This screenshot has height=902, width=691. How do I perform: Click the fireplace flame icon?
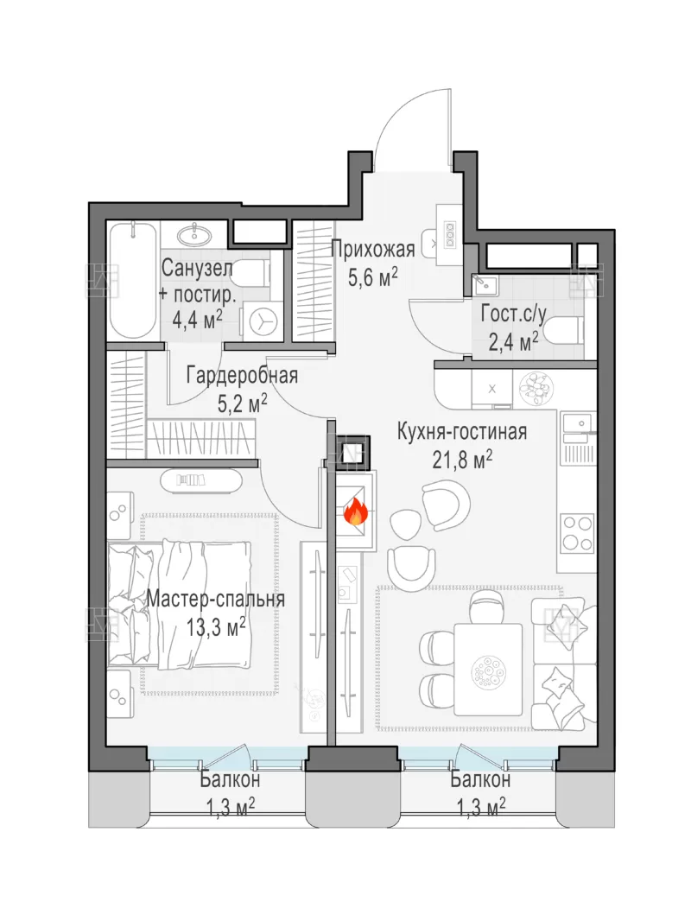tap(355, 511)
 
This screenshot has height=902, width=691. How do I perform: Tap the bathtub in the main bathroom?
tap(133, 281)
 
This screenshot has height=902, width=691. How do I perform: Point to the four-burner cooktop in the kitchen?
tap(577, 533)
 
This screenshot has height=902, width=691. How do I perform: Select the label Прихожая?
tap(373, 251)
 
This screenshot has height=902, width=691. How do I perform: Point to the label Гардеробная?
tap(242, 376)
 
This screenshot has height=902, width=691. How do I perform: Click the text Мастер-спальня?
tap(216, 598)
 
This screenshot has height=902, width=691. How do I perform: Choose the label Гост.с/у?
tap(513, 314)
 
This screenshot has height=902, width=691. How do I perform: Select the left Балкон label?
tap(230, 780)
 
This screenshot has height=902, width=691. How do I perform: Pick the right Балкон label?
tap(480, 780)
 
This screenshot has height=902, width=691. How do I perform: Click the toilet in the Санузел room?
tap(252, 272)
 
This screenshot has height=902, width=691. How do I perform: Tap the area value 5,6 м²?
tap(373, 278)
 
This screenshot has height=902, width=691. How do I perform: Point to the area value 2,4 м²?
tap(513, 342)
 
